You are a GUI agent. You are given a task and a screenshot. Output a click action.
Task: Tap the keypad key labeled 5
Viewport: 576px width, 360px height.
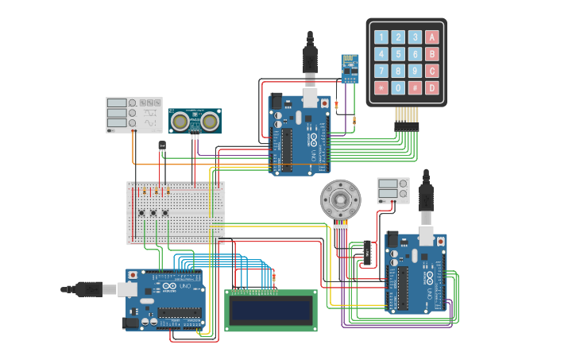(x=398, y=54)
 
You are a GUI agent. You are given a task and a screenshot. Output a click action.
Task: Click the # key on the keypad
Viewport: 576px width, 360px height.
(x=415, y=88)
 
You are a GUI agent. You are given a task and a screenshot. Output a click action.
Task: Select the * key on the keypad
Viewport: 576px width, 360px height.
(x=381, y=88)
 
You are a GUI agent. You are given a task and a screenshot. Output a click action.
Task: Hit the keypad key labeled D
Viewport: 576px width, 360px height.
(x=432, y=88)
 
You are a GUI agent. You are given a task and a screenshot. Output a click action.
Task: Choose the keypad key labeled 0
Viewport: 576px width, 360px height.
(x=398, y=88)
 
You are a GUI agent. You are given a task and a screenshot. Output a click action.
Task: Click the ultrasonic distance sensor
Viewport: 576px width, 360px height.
(x=195, y=121)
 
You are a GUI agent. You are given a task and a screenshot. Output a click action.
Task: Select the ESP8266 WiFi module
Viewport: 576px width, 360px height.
(x=349, y=68)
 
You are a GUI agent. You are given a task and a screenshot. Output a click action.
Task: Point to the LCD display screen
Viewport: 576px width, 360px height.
(x=271, y=310)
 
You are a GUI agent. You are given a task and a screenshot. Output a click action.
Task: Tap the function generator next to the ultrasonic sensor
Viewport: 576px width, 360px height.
(x=133, y=114)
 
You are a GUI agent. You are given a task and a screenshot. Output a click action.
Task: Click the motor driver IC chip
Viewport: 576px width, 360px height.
(x=369, y=252)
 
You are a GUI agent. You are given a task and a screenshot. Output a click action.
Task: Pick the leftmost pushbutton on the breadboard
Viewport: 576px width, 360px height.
(x=141, y=213)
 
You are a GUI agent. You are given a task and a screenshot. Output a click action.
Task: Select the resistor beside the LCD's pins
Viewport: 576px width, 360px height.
(x=274, y=277)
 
